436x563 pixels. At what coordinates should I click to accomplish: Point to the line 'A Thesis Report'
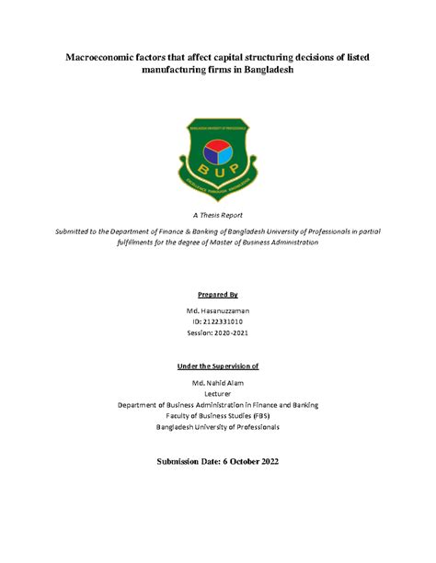click(x=218, y=212)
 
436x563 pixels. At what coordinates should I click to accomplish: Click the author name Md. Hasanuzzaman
click(x=218, y=311)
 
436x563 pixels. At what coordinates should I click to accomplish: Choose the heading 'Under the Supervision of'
click(x=218, y=366)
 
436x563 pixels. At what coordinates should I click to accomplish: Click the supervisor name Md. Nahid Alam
click(x=218, y=382)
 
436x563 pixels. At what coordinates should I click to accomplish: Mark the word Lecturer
click(x=218, y=393)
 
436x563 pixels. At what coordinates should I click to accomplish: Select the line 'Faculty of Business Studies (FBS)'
click(x=218, y=415)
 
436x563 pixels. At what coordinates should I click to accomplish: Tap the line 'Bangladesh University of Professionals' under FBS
click(x=218, y=426)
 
